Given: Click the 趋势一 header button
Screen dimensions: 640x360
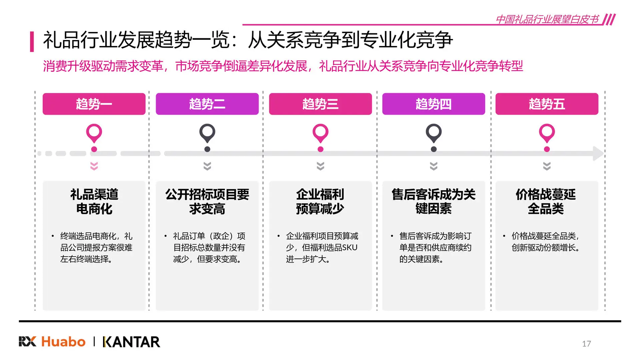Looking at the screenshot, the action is (94, 104).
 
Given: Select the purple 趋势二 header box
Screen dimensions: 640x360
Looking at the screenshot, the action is (207, 104).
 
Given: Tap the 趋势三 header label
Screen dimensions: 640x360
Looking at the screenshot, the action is (320, 104).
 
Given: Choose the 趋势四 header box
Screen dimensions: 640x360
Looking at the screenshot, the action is (433, 104).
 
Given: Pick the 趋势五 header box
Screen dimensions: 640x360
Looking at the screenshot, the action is (547, 104).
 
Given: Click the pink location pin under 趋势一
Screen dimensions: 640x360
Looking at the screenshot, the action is (94, 133).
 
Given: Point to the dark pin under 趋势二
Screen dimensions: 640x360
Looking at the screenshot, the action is (207, 133).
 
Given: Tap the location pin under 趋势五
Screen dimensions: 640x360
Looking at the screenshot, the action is (547, 133).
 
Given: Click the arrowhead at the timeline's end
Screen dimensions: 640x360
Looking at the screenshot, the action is (598, 153).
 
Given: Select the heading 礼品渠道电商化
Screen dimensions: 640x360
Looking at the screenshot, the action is (94, 201).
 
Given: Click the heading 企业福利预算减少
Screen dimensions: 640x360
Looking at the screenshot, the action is (320, 201).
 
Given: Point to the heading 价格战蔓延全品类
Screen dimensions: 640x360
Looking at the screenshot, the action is (546, 201).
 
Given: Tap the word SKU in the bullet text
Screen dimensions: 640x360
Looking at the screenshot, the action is (350, 248).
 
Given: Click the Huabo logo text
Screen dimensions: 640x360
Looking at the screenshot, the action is (63, 342).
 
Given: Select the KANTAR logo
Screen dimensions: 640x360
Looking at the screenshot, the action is (132, 342).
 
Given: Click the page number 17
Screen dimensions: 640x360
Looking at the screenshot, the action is (586, 344).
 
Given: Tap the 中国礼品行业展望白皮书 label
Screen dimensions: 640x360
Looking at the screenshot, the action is (547, 19).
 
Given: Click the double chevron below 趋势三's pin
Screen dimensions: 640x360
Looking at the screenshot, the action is (320, 166).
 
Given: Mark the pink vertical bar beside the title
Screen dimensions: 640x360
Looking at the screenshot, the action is (32, 41).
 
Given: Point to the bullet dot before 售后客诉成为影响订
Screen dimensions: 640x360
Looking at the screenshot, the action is (392, 236).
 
